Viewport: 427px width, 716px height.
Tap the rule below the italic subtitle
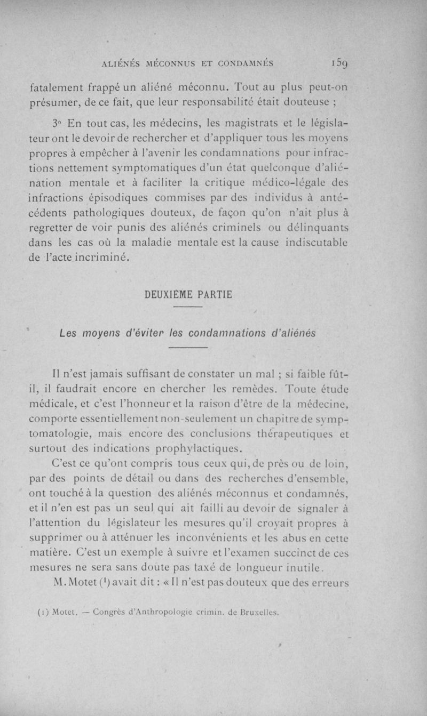(187, 348)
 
